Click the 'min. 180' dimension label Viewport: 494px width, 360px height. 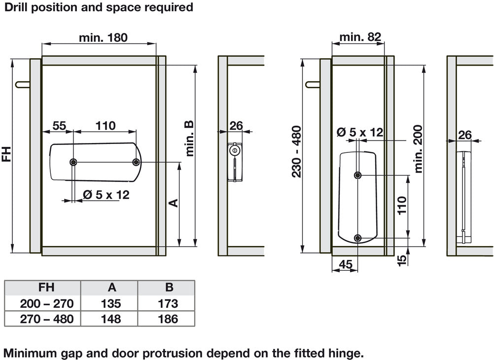coord(103,37)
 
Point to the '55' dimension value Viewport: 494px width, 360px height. coord(59,125)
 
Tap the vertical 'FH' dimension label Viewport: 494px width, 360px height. coord(7,153)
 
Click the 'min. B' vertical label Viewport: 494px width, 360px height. coord(190,138)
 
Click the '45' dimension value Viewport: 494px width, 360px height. coord(346,264)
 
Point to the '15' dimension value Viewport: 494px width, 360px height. coord(402,260)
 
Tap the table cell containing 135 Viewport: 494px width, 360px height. coord(109,303)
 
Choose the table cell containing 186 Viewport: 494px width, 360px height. coord(166,319)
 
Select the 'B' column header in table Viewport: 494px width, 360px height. coord(166,288)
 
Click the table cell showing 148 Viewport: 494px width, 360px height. coord(109,319)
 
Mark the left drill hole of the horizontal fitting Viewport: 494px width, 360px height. coord(73,162)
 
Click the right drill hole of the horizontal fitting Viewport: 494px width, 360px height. coord(136,162)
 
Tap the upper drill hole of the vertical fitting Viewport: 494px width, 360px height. coord(358,175)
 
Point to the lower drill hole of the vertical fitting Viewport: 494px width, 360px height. coord(358,239)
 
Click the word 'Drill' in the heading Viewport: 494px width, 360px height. coord(18,7)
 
